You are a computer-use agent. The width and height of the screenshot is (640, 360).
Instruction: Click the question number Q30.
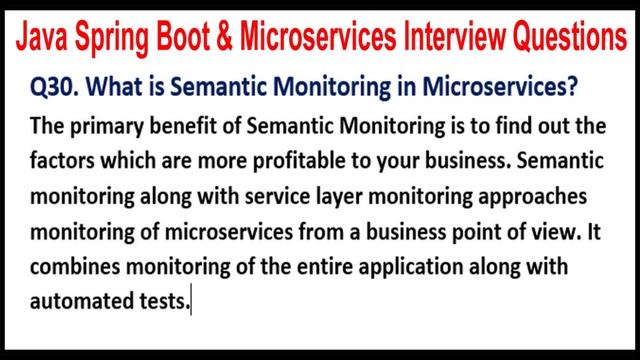point(61,88)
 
